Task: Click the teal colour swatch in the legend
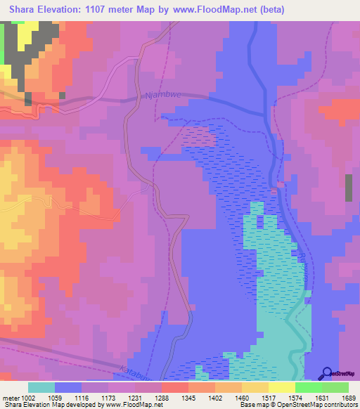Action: [x=41, y=387]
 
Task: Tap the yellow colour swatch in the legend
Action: [x=281, y=387]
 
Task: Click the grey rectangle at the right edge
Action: [x=349, y=188]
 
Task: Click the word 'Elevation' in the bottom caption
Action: [x=39, y=405]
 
